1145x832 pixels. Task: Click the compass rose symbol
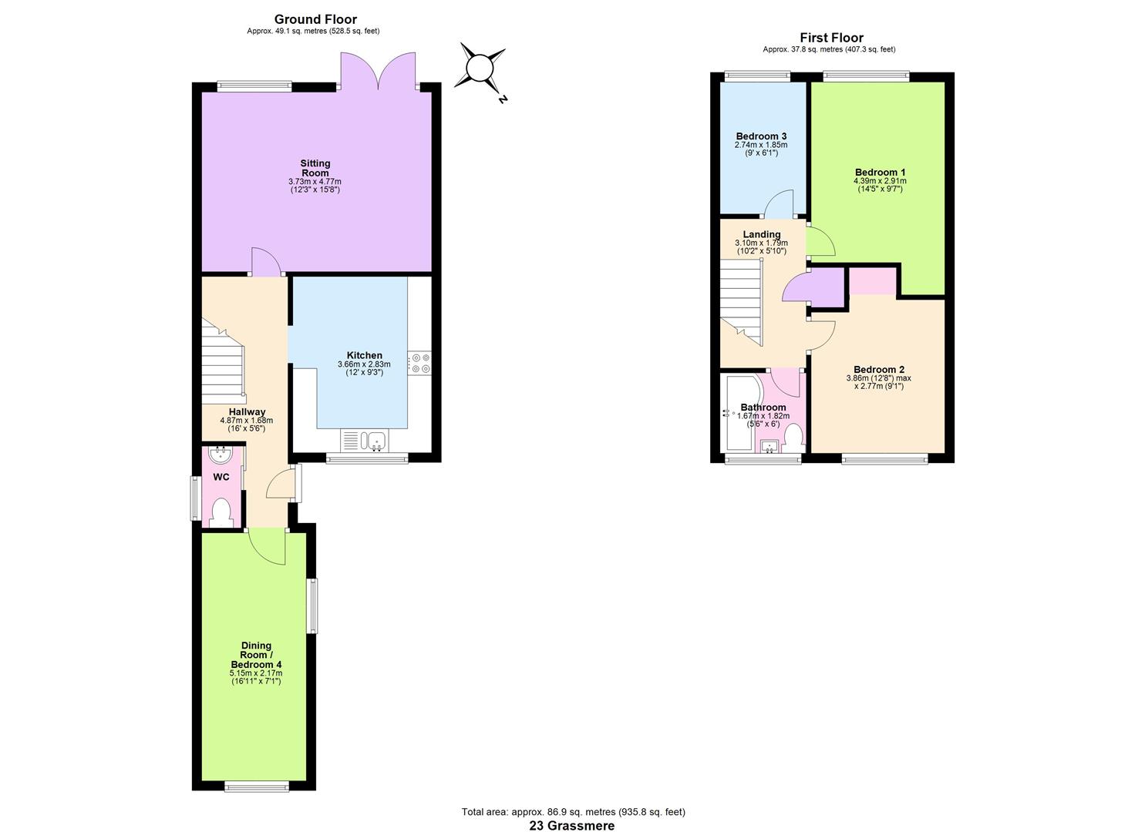click(x=480, y=68)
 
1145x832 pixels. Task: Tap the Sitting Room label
click(x=315, y=168)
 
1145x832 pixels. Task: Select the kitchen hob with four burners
click(x=419, y=363)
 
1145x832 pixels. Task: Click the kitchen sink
click(x=375, y=441)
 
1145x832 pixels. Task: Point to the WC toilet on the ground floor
click(x=221, y=512)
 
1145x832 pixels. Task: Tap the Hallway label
click(x=247, y=412)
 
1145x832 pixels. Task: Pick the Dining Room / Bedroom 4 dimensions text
click(x=256, y=677)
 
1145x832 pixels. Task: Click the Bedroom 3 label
click(x=761, y=136)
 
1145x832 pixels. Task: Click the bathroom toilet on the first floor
click(x=793, y=438)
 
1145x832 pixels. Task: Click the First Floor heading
click(x=831, y=38)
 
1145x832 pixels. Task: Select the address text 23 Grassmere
click(x=571, y=825)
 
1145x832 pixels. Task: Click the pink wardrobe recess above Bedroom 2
click(x=873, y=281)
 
